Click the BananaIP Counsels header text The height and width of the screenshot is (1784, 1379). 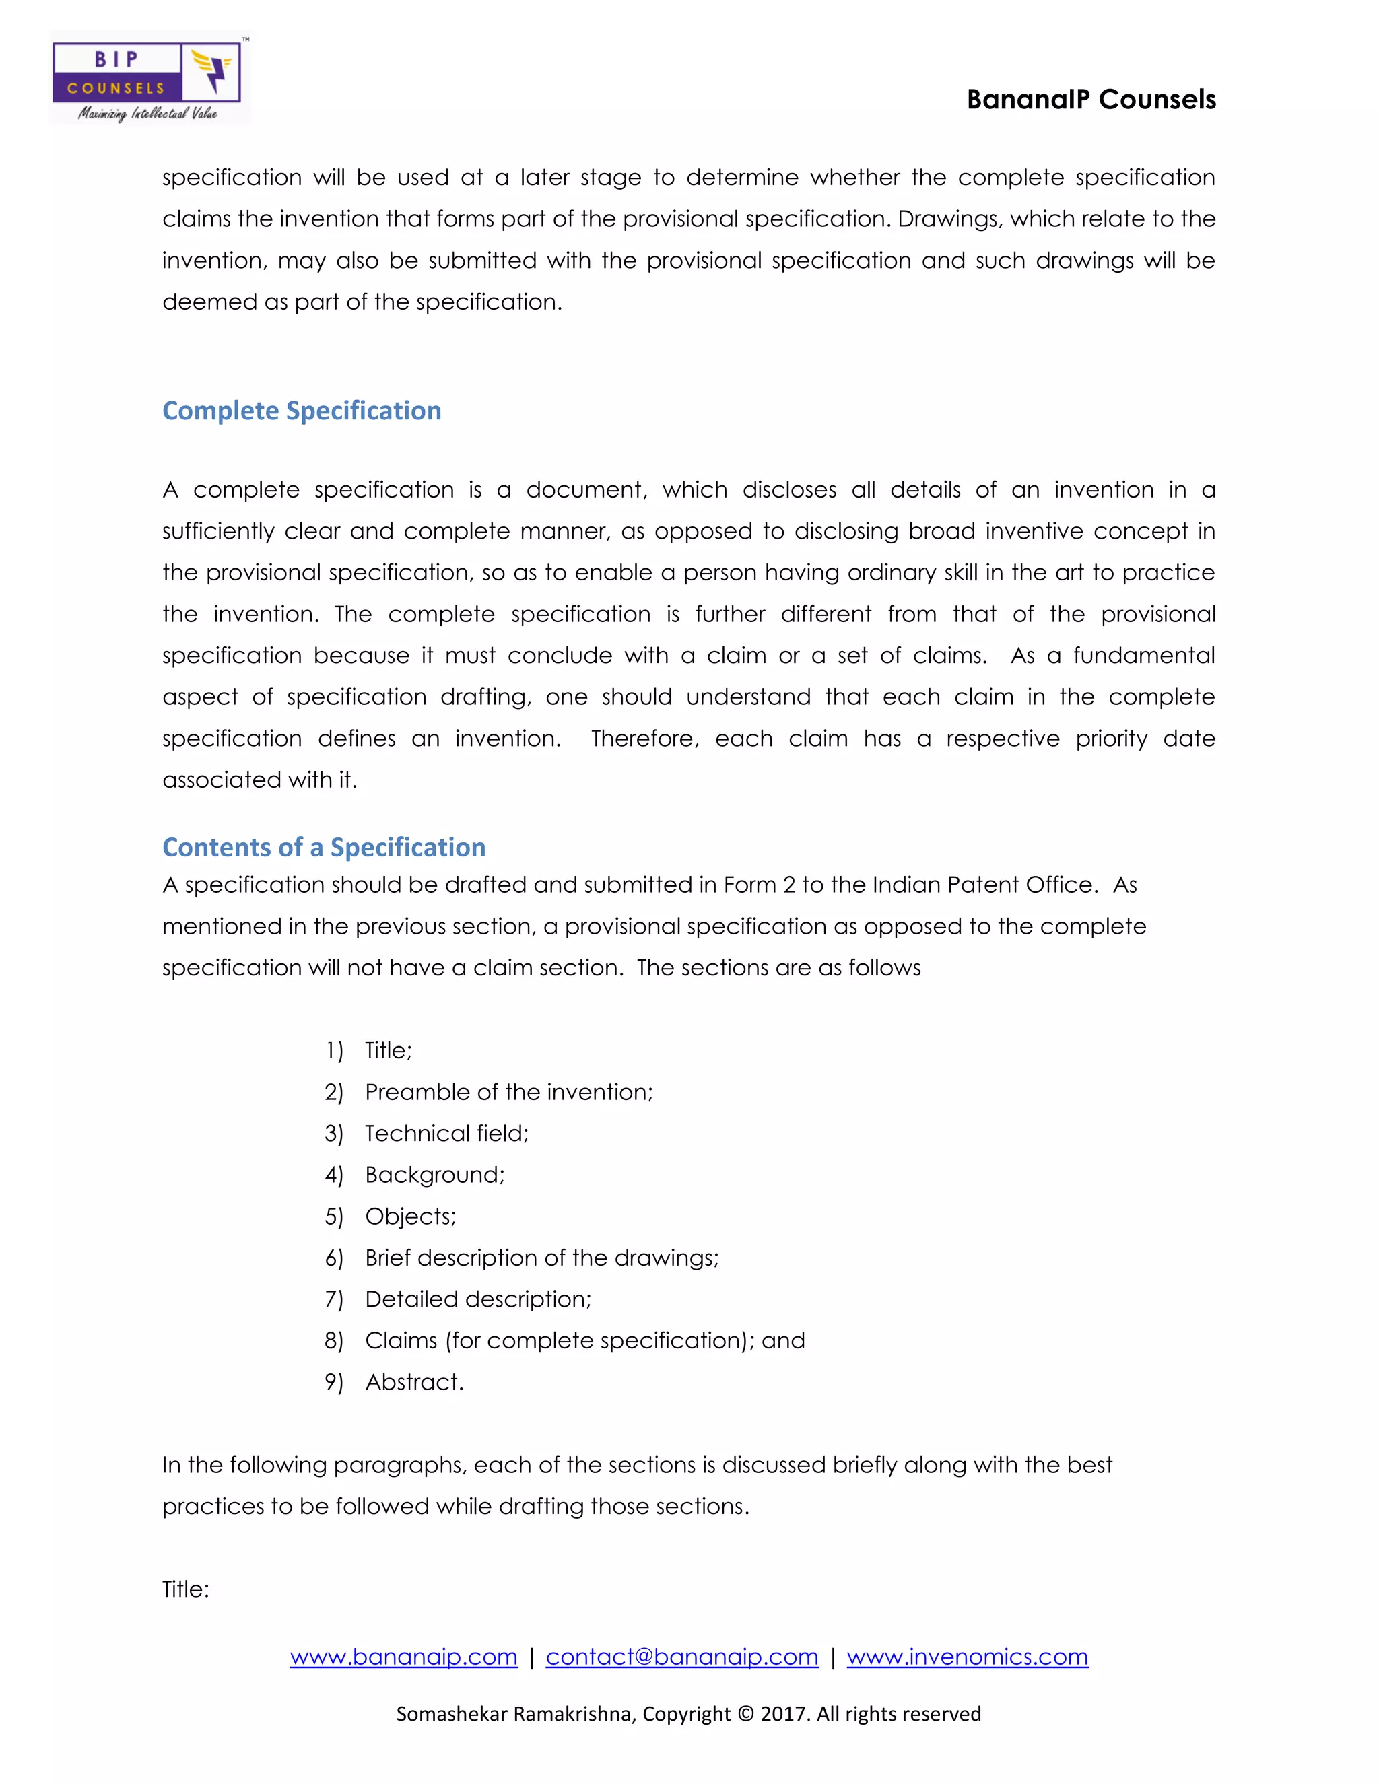[1091, 100]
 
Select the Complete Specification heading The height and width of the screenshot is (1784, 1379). [302, 411]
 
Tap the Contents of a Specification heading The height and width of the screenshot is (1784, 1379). [323, 847]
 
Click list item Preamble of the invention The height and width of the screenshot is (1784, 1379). [508, 1092]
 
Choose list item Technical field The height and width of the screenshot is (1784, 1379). [446, 1134]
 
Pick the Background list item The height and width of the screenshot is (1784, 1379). [434, 1175]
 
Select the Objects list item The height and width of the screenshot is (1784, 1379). [410, 1216]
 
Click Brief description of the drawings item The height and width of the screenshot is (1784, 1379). [541, 1258]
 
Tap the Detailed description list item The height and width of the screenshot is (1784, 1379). [478, 1299]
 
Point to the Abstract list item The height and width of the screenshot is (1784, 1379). [413, 1382]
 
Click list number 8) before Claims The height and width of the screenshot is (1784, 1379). [333, 1341]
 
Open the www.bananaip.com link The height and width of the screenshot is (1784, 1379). [403, 1657]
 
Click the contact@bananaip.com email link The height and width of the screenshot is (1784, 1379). [681, 1657]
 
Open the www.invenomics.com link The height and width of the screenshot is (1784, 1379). [968, 1657]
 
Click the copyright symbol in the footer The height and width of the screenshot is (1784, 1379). [745, 1714]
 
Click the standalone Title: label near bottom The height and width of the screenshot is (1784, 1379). [185, 1589]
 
